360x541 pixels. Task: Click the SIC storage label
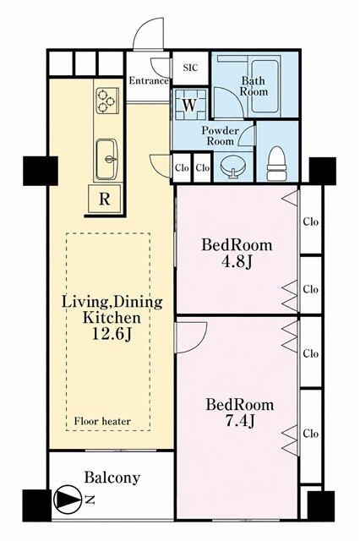190,68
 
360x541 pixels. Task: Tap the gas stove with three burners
106,101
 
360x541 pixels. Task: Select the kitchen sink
106,159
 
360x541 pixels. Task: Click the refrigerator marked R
105,199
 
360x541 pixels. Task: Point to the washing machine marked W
189,105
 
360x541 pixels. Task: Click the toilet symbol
277,163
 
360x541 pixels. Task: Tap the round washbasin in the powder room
233,167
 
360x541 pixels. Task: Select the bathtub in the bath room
265,86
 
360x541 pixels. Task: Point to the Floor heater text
102,421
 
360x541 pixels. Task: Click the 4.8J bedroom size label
237,262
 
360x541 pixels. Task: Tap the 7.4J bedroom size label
240,421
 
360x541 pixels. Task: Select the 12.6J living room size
112,334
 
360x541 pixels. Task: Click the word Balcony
112,478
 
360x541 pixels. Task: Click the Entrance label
149,81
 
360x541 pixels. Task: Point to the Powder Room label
220,135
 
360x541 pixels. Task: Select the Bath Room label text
254,86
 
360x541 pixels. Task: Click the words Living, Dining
112,303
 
